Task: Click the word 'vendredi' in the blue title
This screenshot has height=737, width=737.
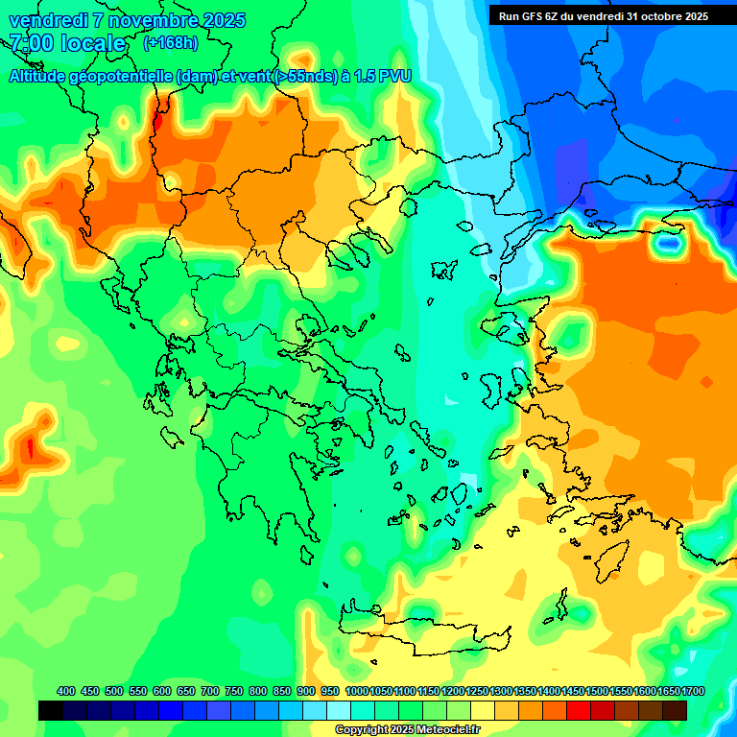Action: [47, 20]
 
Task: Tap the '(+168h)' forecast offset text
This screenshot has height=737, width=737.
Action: [170, 42]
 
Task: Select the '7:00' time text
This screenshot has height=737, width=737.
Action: [30, 43]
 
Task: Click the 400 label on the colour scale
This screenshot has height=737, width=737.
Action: [66, 691]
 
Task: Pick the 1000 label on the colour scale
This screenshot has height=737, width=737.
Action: [357, 691]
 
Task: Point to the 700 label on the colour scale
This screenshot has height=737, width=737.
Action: [210, 691]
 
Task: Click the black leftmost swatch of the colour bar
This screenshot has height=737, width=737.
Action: [51, 710]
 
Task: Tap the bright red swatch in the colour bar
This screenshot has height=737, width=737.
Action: [579, 710]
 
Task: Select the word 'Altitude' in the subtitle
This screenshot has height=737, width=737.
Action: [43, 76]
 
